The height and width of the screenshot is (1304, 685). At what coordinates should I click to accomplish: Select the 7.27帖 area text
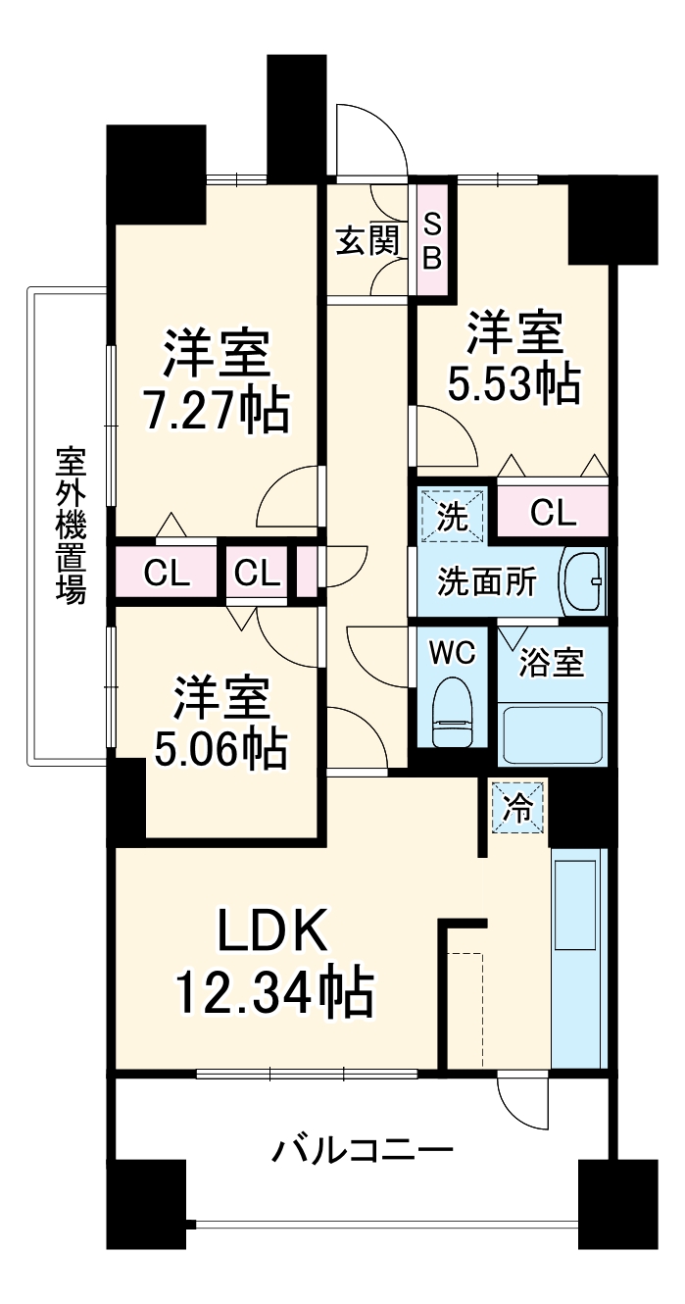point(218,413)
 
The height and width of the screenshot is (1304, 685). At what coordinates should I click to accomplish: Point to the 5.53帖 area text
point(514,383)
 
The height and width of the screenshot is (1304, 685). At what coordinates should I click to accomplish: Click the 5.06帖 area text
point(220,750)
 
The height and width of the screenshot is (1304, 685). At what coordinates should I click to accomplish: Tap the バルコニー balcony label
point(362,1148)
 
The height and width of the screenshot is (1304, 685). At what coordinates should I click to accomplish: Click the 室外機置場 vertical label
point(69,526)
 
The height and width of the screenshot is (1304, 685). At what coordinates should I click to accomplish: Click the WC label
point(453,652)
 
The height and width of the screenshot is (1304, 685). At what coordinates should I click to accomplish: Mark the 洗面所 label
point(486,582)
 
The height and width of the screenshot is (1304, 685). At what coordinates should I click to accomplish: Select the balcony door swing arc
point(520,1103)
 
